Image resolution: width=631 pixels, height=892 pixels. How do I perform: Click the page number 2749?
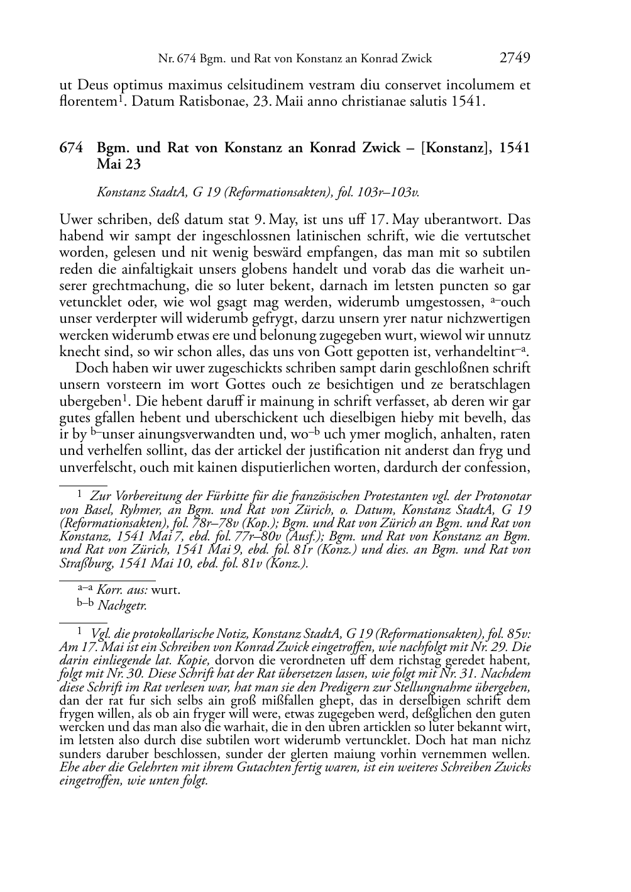pyautogui.click(x=515, y=59)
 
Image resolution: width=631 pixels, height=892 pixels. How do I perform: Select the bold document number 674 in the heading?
pyautogui.click(x=70, y=148)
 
